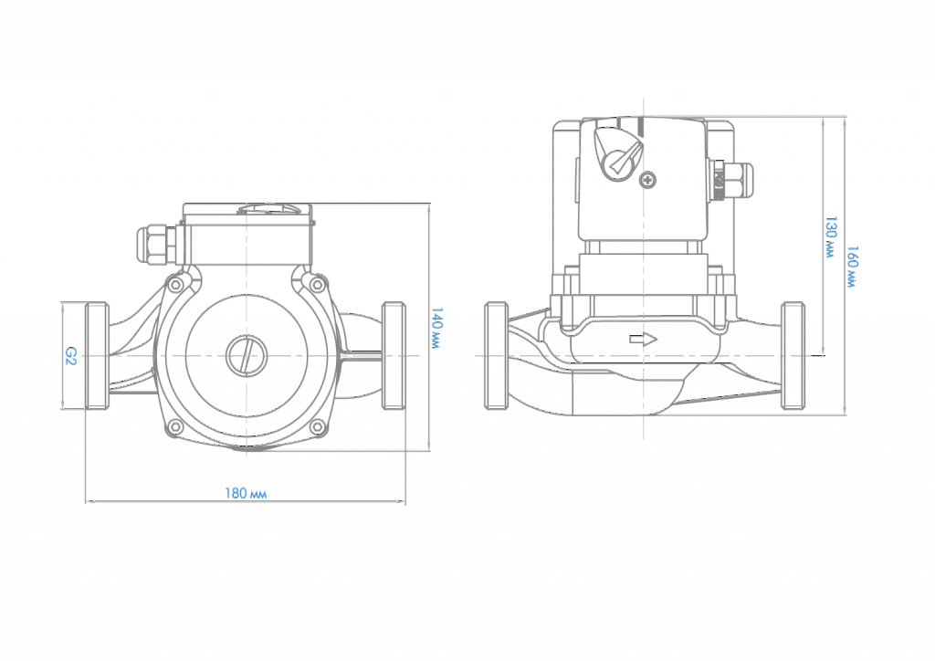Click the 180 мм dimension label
point(246,494)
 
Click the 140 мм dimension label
point(436,328)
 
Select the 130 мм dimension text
point(829,236)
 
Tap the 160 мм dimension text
point(853,267)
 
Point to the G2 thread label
point(70,356)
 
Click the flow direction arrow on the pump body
point(644,340)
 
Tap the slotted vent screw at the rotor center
point(247,356)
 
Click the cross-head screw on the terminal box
point(647,179)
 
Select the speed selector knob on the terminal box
point(618,153)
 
